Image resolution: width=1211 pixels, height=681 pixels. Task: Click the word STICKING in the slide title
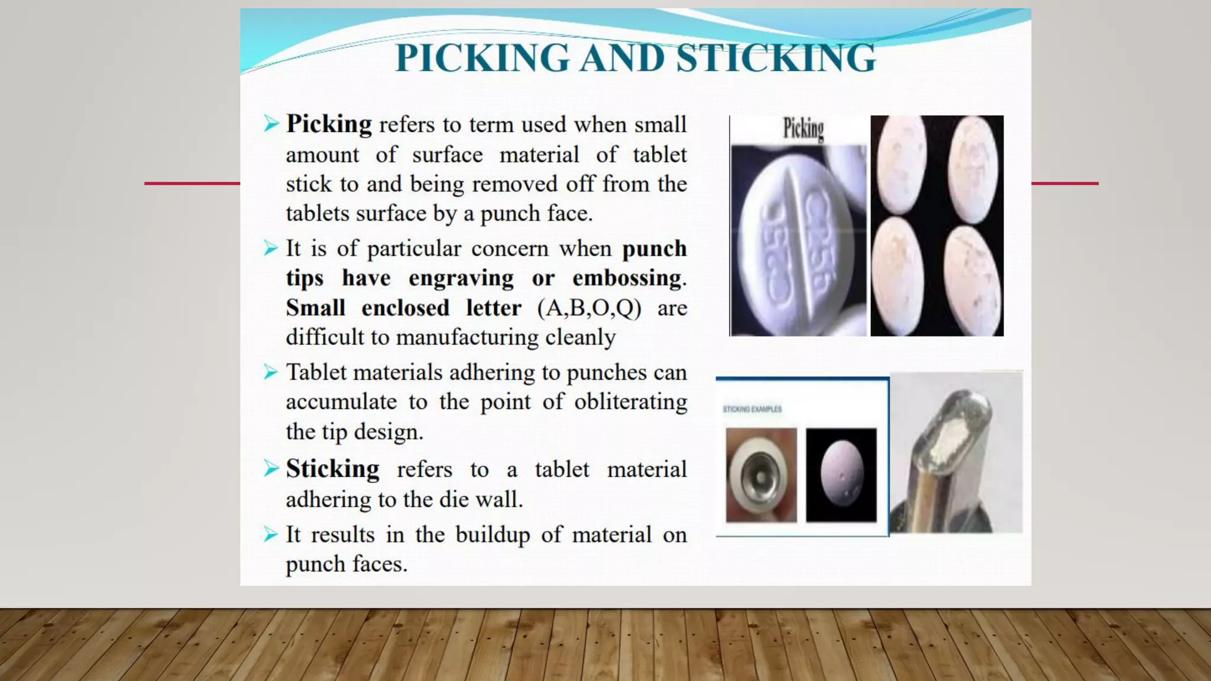[x=776, y=58]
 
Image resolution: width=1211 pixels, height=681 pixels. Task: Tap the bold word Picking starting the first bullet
[x=329, y=124]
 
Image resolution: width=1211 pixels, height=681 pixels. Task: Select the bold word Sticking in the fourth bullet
[x=332, y=469]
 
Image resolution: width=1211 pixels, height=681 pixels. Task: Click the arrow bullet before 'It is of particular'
[x=271, y=248]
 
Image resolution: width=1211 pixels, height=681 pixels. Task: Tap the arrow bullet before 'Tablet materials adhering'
[x=271, y=372]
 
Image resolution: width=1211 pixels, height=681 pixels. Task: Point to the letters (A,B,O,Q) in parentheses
[x=589, y=308]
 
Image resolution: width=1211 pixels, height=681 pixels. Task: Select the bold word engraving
[x=461, y=278]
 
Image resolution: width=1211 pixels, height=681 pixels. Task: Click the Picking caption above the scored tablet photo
[x=803, y=129]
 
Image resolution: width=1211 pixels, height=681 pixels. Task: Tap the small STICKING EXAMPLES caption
[x=752, y=409]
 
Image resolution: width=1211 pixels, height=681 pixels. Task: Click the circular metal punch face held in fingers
[x=761, y=475]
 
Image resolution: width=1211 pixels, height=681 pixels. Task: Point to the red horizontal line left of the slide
[x=192, y=183]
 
